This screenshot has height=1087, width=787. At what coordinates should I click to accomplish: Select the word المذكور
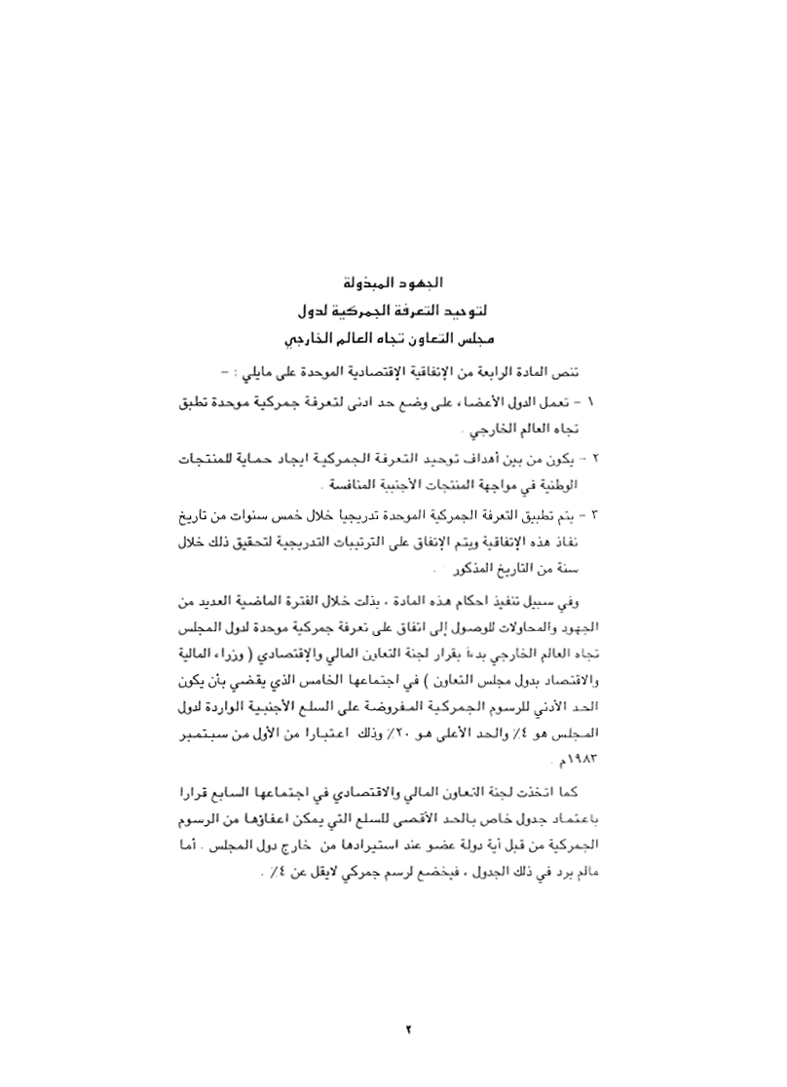click(x=476, y=566)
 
